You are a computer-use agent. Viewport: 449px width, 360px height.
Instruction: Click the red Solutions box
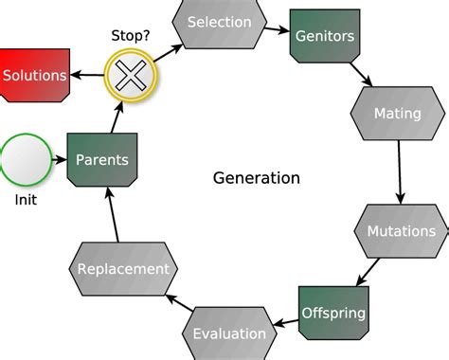click(35, 75)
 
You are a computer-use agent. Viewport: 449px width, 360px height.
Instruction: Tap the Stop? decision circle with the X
click(131, 71)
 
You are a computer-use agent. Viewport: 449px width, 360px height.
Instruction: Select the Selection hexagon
click(219, 23)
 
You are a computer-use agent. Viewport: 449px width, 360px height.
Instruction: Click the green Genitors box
click(325, 38)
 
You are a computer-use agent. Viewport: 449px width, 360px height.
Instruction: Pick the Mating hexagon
click(397, 115)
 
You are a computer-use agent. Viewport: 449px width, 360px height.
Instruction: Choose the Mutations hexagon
click(401, 231)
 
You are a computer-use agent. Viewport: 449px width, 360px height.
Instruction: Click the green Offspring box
click(332, 312)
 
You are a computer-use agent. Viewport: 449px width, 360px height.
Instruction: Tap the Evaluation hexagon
click(229, 333)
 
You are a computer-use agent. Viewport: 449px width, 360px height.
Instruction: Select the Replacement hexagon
click(124, 269)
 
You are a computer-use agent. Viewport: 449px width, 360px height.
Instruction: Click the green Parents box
click(101, 160)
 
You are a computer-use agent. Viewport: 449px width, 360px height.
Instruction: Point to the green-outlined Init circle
click(26, 161)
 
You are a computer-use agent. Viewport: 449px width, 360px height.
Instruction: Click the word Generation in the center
click(256, 178)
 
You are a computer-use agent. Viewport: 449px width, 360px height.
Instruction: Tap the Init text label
click(26, 200)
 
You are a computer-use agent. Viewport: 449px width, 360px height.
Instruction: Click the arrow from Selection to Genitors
click(277, 27)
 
